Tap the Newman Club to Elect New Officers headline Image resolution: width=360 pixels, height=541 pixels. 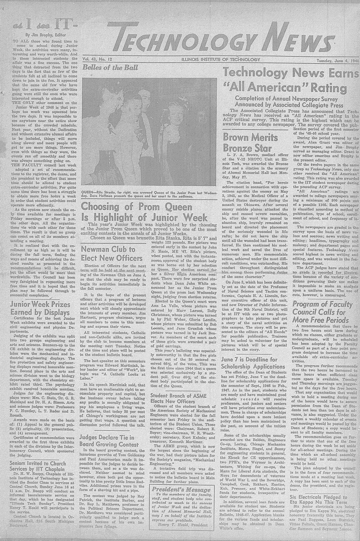(108, 254)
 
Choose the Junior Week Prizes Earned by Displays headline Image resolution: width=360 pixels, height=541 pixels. (40, 308)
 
